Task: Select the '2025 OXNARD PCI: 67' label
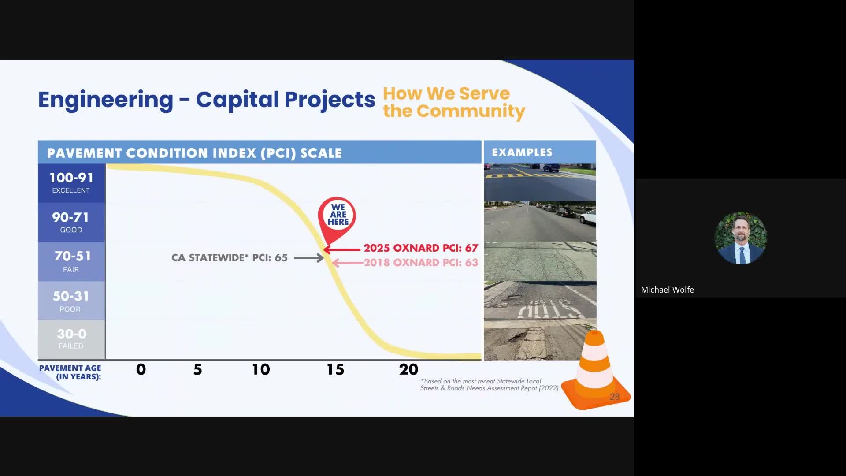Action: tap(420, 248)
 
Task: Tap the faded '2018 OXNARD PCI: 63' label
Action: tap(420, 263)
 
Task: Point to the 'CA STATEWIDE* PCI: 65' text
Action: tap(229, 258)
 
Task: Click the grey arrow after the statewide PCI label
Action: tap(309, 258)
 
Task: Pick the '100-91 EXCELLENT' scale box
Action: tap(71, 183)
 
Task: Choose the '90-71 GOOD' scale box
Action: tap(71, 222)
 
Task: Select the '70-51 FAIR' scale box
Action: tap(71, 261)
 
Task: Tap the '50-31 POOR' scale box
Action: tap(71, 301)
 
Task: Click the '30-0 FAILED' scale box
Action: tap(71, 339)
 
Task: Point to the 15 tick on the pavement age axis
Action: tap(335, 369)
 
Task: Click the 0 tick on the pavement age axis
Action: tap(141, 369)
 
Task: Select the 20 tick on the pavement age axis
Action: tap(408, 369)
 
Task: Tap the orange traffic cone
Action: tap(594, 372)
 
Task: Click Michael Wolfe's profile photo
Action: tap(740, 238)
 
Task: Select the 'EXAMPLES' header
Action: tap(522, 152)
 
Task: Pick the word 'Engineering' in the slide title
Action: tap(106, 100)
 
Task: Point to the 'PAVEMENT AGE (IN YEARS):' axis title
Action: tap(70, 372)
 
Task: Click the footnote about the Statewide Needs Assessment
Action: tap(489, 385)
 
